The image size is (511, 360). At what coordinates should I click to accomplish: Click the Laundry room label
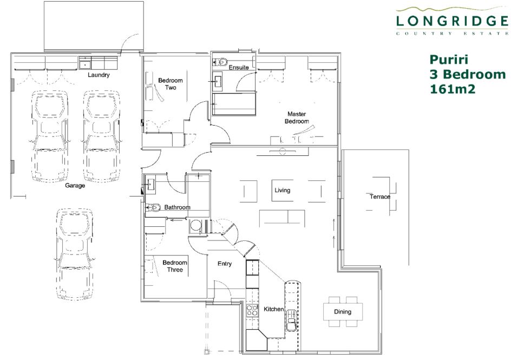(x=99, y=75)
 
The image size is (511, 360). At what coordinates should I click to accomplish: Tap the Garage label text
(x=75, y=185)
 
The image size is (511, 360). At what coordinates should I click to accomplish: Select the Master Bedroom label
(x=297, y=117)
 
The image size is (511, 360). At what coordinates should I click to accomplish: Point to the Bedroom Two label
(x=171, y=84)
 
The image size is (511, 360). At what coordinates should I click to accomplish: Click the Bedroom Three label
(x=175, y=266)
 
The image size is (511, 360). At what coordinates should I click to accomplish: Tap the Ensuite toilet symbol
(x=221, y=61)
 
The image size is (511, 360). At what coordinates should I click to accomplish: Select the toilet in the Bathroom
(x=153, y=207)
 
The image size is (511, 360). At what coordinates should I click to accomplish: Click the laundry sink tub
(x=86, y=63)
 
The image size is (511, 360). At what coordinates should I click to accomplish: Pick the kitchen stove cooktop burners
(x=252, y=311)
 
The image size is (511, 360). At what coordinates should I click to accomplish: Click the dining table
(x=343, y=311)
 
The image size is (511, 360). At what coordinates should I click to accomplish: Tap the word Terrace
(x=379, y=197)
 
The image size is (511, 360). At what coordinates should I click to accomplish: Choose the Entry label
(x=225, y=264)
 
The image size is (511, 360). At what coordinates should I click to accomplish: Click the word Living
(x=282, y=190)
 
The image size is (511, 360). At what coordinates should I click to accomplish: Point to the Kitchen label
(x=273, y=309)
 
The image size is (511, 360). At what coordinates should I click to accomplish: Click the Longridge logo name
(x=452, y=21)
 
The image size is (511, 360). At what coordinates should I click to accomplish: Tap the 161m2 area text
(x=453, y=89)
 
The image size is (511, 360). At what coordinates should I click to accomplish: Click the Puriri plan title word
(x=449, y=60)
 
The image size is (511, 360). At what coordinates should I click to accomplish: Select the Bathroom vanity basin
(x=150, y=184)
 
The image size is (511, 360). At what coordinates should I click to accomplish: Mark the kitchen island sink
(x=292, y=320)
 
